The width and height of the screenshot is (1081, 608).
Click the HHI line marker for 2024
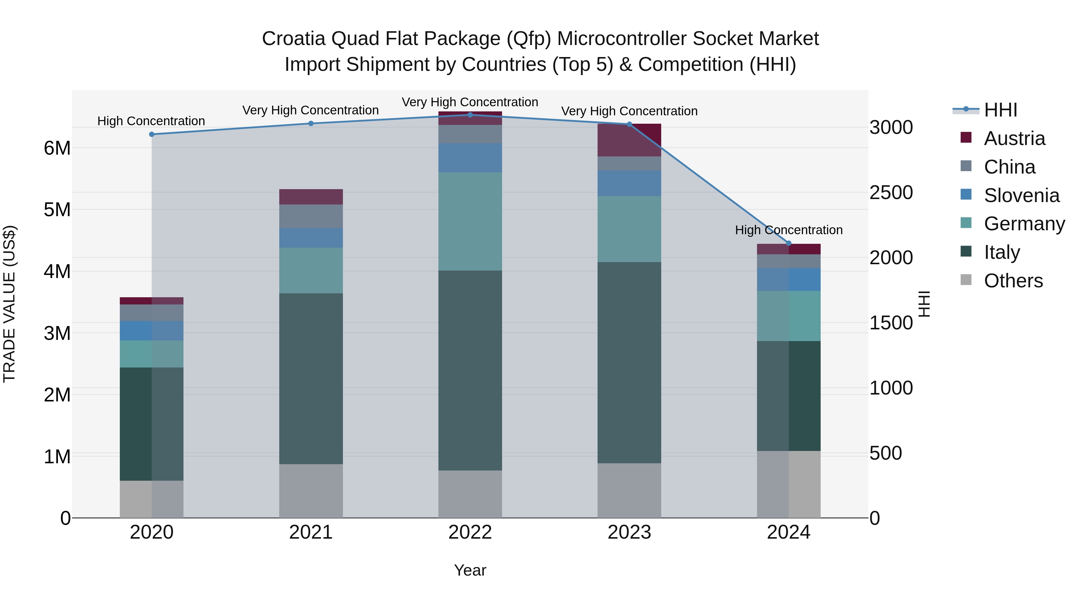click(x=788, y=244)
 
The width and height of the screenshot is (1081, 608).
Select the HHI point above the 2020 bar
click(x=152, y=134)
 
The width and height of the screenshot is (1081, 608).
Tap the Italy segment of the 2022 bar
click(x=470, y=370)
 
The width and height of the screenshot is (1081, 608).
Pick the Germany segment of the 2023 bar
click(x=629, y=229)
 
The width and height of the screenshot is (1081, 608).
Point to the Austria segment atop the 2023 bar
click(x=629, y=140)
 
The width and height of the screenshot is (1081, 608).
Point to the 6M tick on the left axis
click(x=57, y=148)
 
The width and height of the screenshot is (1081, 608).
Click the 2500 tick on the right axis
click(x=891, y=192)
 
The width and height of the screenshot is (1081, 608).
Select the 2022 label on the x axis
click(x=470, y=532)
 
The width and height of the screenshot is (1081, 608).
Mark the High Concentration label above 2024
click(x=789, y=230)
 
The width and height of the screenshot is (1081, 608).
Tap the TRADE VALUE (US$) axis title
click(x=9, y=304)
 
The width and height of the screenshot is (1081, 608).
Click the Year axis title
click(x=470, y=570)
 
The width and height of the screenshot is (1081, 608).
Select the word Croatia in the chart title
click(x=293, y=39)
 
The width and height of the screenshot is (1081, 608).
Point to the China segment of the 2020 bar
click(x=152, y=313)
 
